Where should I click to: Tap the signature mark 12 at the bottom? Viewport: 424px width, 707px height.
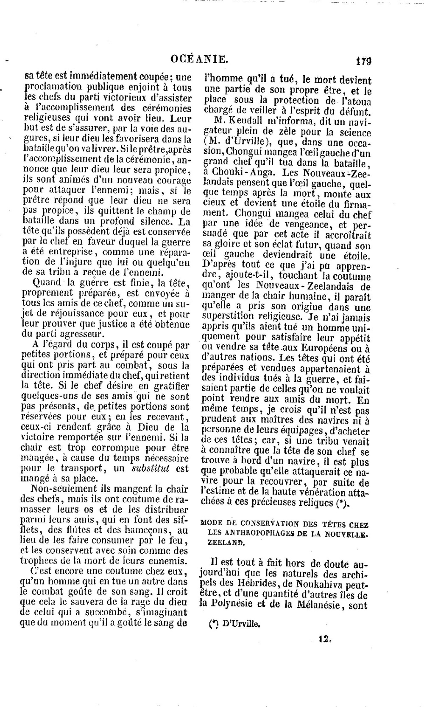[324, 638]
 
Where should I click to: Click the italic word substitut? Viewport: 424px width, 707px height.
[151, 468]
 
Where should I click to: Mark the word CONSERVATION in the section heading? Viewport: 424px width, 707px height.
[271, 524]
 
